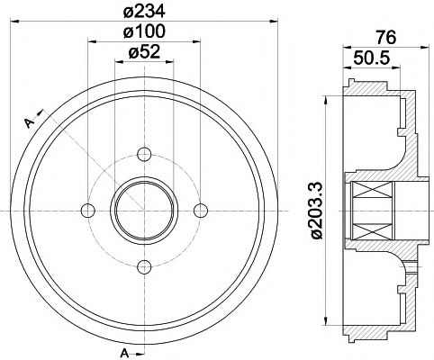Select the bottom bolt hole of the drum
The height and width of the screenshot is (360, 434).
(144, 266)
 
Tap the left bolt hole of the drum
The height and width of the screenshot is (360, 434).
(87, 210)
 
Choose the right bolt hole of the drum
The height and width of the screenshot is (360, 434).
(201, 210)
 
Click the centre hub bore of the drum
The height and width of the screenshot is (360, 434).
(144, 210)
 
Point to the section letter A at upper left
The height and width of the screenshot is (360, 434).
(28, 121)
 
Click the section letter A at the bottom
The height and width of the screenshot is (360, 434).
(123, 350)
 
